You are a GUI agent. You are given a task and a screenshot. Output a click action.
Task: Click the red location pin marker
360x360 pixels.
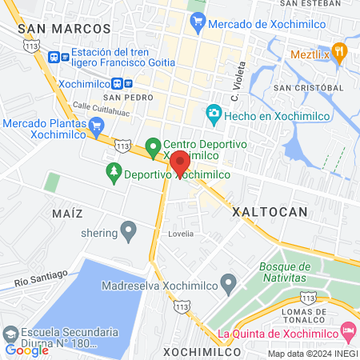click(180, 163)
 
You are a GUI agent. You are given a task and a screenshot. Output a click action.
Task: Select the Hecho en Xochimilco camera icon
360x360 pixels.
click(214, 115)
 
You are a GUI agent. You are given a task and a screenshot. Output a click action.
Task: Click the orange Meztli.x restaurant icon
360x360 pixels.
click(340, 54)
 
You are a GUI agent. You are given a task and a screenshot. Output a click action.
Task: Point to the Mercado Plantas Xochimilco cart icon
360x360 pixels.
click(97, 124)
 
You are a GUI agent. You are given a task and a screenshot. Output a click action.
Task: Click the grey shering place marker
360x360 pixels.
click(128, 233)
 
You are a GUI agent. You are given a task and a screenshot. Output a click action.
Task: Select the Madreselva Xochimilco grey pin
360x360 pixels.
click(230, 282)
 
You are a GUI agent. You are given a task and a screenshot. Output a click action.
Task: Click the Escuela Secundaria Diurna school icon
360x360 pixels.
click(10, 332)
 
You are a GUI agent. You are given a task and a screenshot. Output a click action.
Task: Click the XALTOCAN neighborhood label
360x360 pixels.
click(270, 212)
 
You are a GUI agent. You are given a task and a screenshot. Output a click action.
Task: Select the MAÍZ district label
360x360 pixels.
click(67, 214)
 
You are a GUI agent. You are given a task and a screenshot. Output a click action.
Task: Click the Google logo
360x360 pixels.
click(26, 350)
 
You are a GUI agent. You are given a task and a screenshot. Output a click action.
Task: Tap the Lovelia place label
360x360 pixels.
click(182, 234)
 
